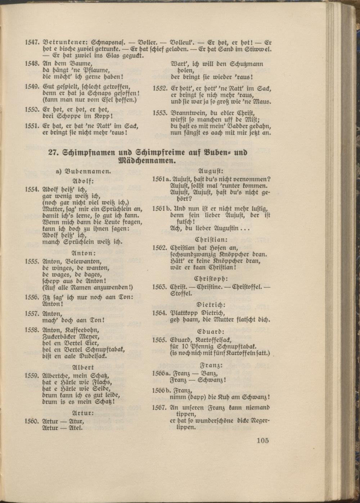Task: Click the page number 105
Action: (x=263, y=440)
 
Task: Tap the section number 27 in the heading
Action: (x=54, y=152)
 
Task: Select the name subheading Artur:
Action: (x=83, y=413)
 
